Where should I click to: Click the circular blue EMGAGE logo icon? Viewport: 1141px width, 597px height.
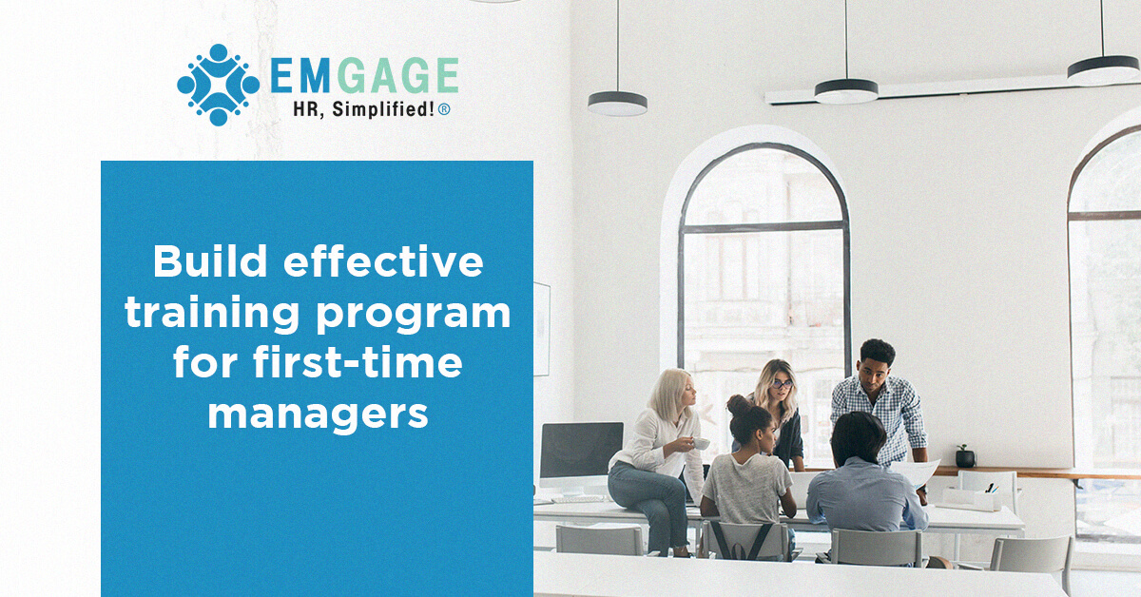218,85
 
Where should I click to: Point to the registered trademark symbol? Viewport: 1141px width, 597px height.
444,110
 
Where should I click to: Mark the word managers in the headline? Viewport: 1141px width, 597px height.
318,415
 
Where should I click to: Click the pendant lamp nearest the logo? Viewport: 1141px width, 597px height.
617,102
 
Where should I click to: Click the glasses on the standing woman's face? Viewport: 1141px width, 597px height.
782,383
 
